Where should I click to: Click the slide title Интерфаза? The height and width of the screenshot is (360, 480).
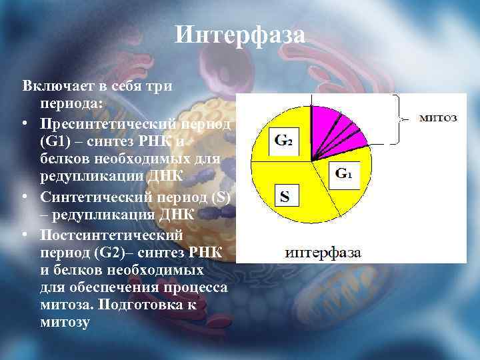pyautogui.click(x=240, y=35)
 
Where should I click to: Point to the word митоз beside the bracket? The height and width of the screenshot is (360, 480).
pyautogui.click(x=437, y=118)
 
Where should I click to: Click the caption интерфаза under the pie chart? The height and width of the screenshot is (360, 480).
pyautogui.click(x=323, y=253)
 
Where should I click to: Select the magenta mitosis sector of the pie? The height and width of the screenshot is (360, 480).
pyautogui.click(x=337, y=127)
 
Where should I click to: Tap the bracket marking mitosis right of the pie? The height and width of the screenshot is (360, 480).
pyautogui.click(x=399, y=119)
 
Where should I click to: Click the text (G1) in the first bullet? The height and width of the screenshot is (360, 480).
pyautogui.click(x=55, y=142)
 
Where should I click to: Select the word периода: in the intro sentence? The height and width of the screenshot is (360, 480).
pyautogui.click(x=71, y=105)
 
